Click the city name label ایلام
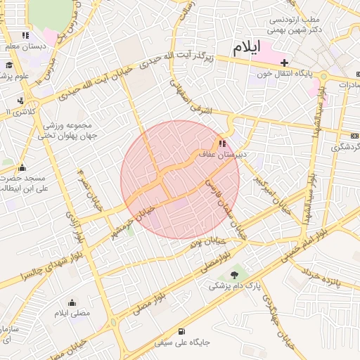[246, 48]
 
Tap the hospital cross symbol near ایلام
[284, 63]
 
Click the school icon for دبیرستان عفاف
[223, 145]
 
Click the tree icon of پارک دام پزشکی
[235, 275]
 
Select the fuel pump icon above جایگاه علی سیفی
[182, 331]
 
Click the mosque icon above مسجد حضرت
[22, 167]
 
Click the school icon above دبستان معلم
[26, 35]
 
